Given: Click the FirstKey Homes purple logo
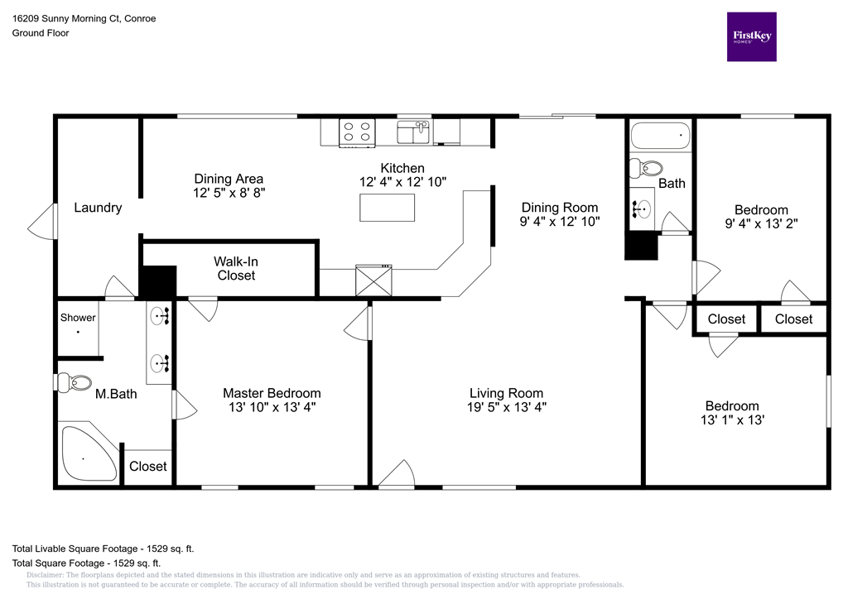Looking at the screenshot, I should coord(751,36).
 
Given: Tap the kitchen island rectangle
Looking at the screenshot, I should coord(387,207).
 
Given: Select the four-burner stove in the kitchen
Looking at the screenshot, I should coord(357,132).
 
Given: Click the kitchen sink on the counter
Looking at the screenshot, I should coord(413,132).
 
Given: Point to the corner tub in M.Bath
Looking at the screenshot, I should coord(87,453).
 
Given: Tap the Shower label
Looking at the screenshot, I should coord(78,318).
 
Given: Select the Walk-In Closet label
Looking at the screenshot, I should coord(236,268).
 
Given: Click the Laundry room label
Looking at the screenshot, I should coord(98,208).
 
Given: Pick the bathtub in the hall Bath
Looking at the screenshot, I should coord(659,135).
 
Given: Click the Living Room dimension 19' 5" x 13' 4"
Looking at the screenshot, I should coord(506,407).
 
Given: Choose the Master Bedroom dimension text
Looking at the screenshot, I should coord(271,407).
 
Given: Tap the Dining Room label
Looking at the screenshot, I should coord(559,208).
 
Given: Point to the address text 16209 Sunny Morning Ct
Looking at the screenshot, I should coord(84,18).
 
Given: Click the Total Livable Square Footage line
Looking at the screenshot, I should coord(103,549).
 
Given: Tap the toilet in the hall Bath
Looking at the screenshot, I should coord(644,169).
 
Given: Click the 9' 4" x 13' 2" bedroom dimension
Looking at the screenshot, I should coord(761,223).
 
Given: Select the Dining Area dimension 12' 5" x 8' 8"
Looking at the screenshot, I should coord(229,192).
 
